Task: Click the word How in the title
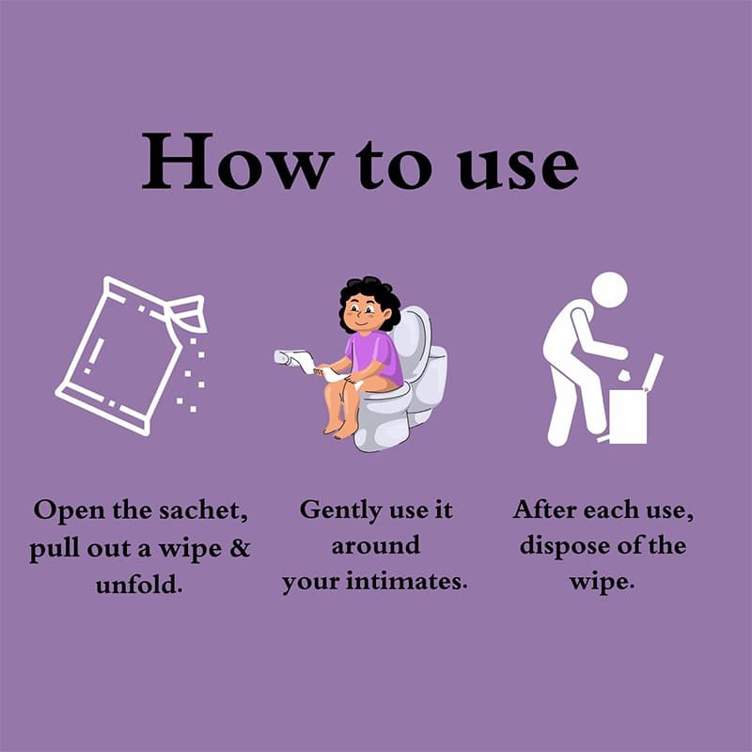tap(238, 161)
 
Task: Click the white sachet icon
tap(131, 355)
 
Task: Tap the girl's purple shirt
tap(374, 356)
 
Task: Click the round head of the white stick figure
tap(609, 290)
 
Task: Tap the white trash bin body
tap(628, 415)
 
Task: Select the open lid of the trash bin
tap(655, 370)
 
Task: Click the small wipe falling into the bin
tap(624, 375)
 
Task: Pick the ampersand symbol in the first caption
tap(240, 547)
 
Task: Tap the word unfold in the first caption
tap(139, 584)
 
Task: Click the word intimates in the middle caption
tap(407, 581)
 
